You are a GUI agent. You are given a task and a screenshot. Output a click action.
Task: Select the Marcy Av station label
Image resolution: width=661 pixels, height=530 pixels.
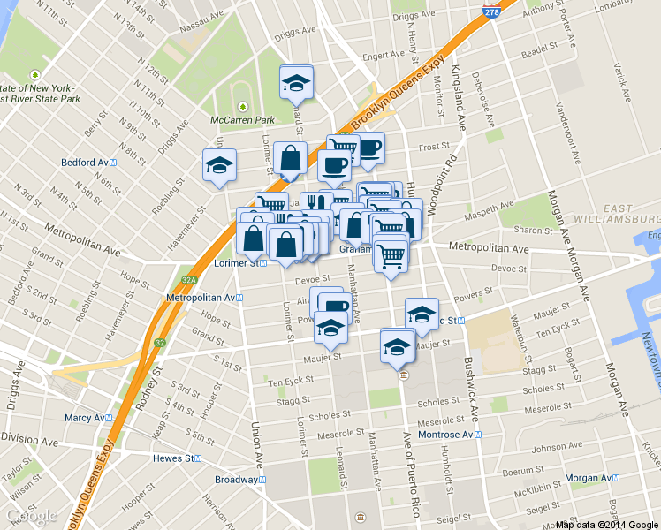click(x=87, y=417)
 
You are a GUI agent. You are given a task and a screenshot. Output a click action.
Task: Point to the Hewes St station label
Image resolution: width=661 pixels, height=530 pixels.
click(x=177, y=458)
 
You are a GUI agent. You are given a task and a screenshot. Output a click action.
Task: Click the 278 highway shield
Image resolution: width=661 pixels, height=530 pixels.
click(x=492, y=11)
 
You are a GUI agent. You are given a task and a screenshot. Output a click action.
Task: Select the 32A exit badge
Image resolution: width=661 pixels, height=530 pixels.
click(x=188, y=280)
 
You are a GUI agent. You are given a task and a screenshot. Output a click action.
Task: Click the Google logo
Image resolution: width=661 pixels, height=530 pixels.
click(x=31, y=515)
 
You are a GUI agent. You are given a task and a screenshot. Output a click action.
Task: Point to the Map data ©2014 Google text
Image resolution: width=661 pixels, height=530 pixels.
click(x=607, y=525)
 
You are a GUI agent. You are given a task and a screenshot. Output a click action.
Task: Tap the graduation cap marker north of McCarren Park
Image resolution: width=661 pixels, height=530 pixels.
click(x=296, y=83)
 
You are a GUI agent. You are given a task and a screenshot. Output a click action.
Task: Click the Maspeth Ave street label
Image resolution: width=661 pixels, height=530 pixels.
click(x=494, y=210)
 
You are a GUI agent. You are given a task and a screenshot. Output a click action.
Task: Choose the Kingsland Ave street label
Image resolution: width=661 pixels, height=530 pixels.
click(x=460, y=98)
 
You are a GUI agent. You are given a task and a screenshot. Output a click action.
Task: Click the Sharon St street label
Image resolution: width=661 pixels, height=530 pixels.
click(x=534, y=230)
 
